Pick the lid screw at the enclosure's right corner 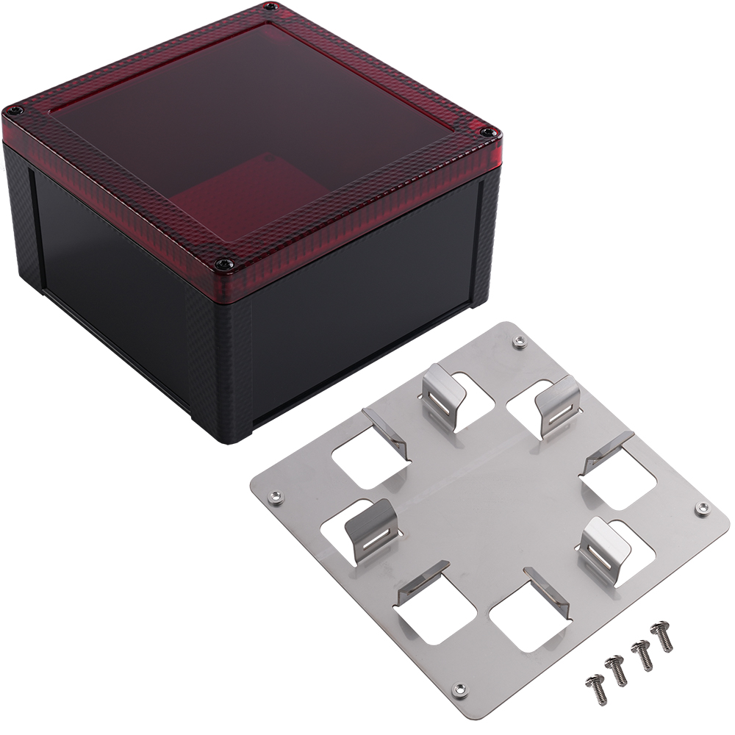(x=487, y=132)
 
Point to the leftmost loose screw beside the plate (x=594, y=686)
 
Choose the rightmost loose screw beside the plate (x=663, y=636)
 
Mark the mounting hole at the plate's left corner (x=276, y=498)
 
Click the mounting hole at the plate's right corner (x=702, y=507)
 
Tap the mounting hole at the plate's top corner (x=520, y=340)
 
